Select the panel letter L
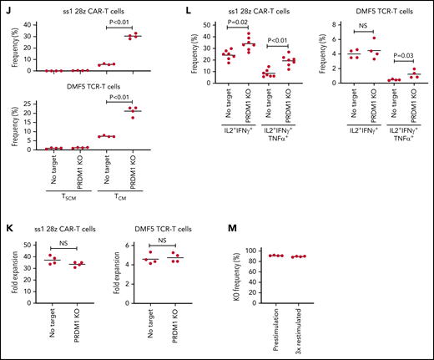(179, 8)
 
